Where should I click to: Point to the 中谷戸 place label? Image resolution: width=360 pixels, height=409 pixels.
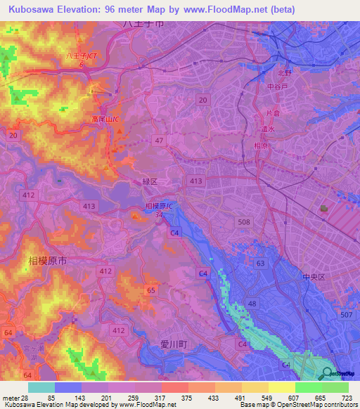(x=278, y=88)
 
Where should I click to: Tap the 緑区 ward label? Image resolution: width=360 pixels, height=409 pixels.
(x=150, y=181)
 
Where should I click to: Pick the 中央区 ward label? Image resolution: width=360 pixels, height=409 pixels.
(x=312, y=277)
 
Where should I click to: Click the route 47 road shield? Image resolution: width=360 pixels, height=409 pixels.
(x=160, y=141)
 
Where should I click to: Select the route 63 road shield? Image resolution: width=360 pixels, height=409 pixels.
(x=261, y=264)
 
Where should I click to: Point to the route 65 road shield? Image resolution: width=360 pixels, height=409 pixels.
(x=150, y=290)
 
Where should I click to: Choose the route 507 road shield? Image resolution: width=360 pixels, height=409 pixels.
(x=345, y=314)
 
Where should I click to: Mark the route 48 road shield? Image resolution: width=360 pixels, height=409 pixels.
(x=252, y=303)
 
